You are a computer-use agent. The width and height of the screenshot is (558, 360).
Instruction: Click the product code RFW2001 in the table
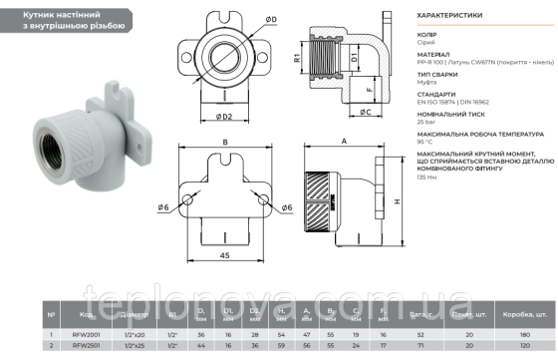tap(88, 334)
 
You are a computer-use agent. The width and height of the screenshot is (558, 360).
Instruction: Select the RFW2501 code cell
tap(88, 347)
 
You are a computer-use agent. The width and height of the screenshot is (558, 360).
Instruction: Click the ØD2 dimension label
tap(226, 117)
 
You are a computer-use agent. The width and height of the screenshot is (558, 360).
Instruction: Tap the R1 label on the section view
tap(298, 59)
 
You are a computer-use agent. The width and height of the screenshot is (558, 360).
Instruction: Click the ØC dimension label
tap(366, 112)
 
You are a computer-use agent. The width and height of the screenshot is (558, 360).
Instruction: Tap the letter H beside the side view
tap(399, 200)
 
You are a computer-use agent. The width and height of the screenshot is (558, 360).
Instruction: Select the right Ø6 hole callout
tap(286, 206)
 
